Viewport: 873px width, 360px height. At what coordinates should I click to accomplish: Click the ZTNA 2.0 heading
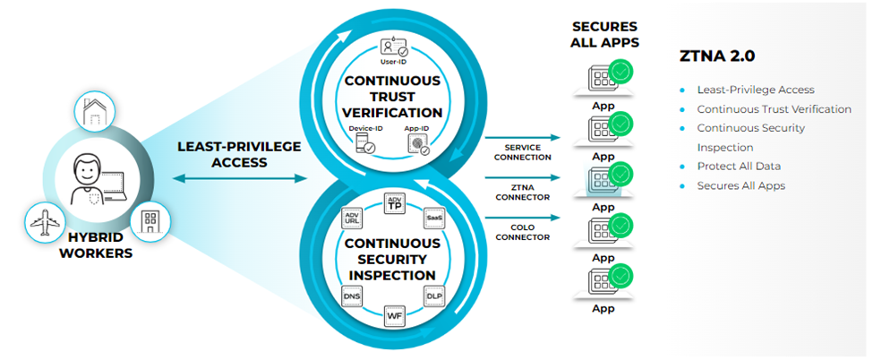716,56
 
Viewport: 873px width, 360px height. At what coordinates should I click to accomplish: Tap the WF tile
393,313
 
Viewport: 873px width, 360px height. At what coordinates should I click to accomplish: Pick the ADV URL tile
351,218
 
